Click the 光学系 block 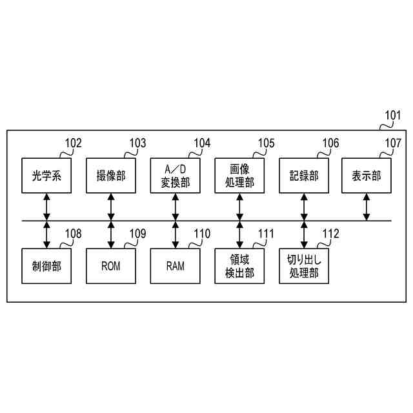tap(46, 175)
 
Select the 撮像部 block tap(111, 175)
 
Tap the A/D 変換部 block tap(175, 175)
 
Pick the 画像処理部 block tap(239, 175)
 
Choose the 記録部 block tap(303, 175)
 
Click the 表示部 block tap(367, 175)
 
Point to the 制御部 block tap(46, 265)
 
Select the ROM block tap(111, 265)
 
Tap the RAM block tap(175, 265)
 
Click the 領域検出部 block tap(239, 265)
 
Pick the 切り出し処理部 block tap(303, 265)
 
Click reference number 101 tap(393, 116)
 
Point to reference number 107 tap(393, 143)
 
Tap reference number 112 tap(330, 233)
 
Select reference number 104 tap(202, 143)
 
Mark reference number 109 tap(137, 233)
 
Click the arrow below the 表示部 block tap(367, 206)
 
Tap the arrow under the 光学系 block tap(46, 206)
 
